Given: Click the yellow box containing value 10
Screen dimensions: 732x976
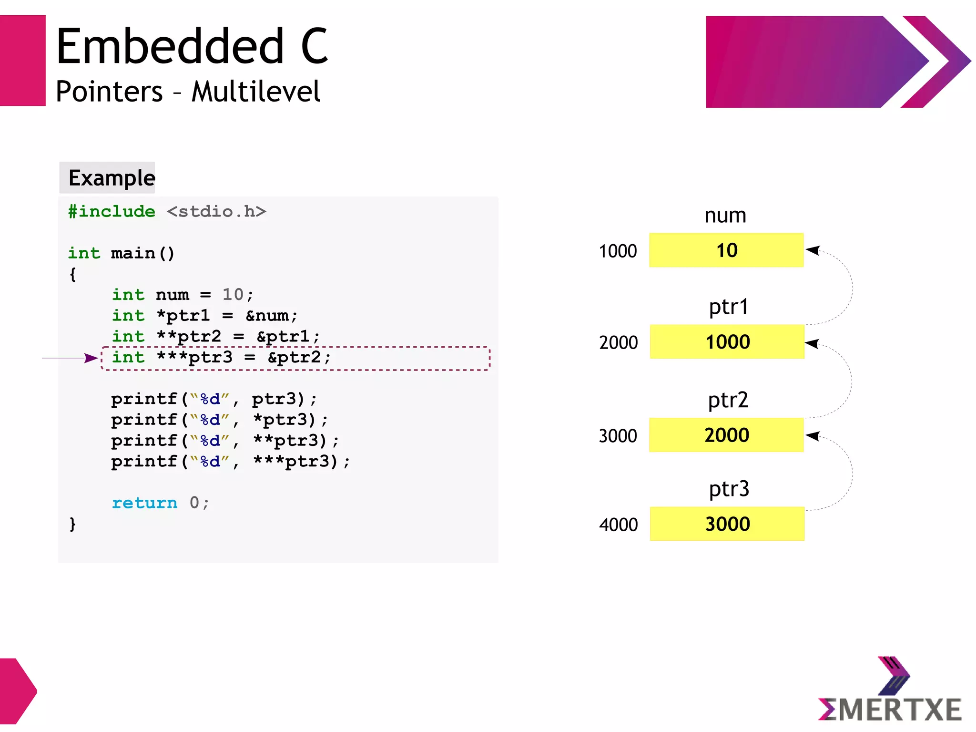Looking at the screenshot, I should pos(726,250).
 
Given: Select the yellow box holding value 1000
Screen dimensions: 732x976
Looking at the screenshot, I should pos(727,342).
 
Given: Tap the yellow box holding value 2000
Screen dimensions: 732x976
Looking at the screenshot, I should pos(726,435).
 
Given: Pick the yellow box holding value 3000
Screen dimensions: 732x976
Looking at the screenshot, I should pos(727,524).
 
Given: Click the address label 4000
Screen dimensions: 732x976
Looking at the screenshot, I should pos(618,525).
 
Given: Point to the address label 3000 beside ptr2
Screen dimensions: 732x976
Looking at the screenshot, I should pos(618,436).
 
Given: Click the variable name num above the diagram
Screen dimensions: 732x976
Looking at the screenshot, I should pos(725,216).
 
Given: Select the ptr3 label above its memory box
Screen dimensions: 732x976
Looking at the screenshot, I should pos(729,489).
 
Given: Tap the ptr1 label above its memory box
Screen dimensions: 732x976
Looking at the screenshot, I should pos(728,307).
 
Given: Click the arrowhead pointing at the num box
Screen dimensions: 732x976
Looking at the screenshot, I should pos(813,250).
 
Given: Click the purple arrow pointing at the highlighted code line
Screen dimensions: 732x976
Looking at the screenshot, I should pos(91,358).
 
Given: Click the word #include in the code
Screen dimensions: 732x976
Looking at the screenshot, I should pos(112,211).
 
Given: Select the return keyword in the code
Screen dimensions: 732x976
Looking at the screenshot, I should pos(144,503).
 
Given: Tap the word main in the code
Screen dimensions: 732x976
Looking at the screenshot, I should pos(133,253).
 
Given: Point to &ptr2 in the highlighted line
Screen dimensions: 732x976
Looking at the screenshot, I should pos(294,357).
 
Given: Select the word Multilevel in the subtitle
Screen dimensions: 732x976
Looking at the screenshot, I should pos(256,92).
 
